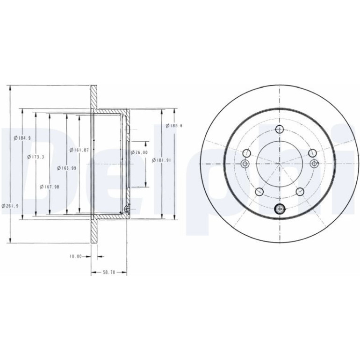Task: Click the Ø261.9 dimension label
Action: [x=10, y=206]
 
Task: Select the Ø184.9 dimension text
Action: [x=22, y=138]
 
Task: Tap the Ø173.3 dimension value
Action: [x=36, y=157]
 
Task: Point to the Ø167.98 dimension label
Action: [x=50, y=187]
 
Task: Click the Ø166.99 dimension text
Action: [x=66, y=168]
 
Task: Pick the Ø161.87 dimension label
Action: [x=79, y=150]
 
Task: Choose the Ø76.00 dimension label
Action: [x=139, y=152]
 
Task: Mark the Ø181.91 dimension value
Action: [x=161, y=160]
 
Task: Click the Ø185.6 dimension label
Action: [x=174, y=126]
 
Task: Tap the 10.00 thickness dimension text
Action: [x=76, y=257]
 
